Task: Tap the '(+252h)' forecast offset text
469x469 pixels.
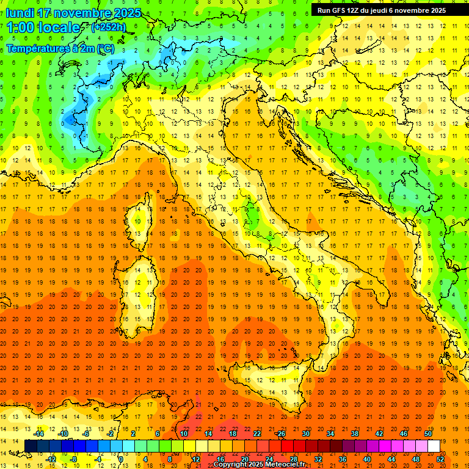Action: [x=108, y=27]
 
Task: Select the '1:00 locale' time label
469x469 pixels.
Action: [x=43, y=27]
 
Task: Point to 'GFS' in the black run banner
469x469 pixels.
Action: [x=338, y=10]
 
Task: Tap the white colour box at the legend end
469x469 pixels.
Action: [x=434, y=446]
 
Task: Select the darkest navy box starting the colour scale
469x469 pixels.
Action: [x=31, y=446]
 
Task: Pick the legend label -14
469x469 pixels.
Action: [x=39, y=434]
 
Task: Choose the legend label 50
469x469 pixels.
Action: [x=428, y=434]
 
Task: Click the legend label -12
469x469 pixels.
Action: [x=51, y=459]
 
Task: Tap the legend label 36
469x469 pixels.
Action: [x=342, y=459]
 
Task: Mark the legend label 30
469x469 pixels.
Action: [x=305, y=434]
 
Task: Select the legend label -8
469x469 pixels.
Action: [x=74, y=459]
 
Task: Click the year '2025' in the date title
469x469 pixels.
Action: [x=126, y=13]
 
